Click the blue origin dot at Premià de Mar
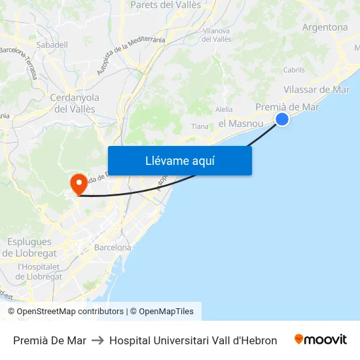tap(282, 118)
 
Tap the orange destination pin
tap(78, 183)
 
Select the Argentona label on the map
tap(325, 27)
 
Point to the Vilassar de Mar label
tap(317, 90)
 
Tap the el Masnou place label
tap(240, 123)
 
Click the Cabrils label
tap(294, 70)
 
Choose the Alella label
tap(224, 109)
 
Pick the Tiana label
tap(200, 126)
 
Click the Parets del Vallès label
tap(166, 5)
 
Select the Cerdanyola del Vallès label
tap(75, 103)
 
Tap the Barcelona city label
tap(113, 247)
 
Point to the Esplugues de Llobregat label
tap(27, 247)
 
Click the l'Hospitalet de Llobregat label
tap(40, 271)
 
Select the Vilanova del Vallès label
tap(217, 35)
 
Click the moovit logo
tap(320, 340)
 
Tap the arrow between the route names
tap(98, 340)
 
